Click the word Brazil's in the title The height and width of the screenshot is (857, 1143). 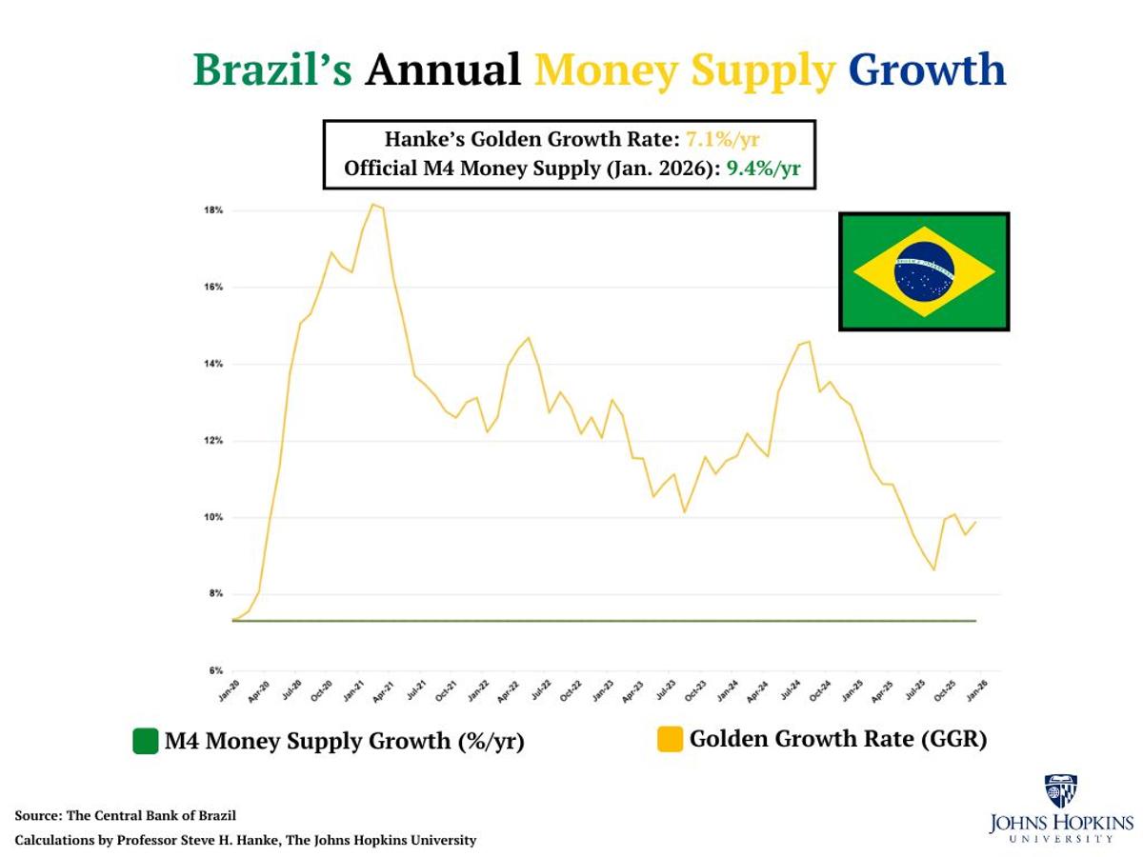272,70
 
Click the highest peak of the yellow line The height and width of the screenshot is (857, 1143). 372,204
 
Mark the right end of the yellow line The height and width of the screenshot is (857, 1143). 976,521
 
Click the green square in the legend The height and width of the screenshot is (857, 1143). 145,741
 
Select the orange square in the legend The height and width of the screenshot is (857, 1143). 671,739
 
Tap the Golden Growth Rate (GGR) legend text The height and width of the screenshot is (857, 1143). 838,739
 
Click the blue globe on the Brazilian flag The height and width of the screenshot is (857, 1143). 924,271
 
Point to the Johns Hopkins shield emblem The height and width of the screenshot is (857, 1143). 1060,791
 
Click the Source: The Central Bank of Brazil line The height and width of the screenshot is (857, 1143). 125,816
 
